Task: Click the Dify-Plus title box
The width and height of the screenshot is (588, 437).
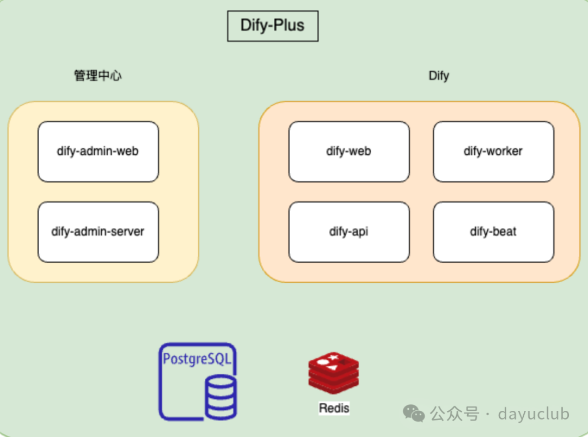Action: (272, 26)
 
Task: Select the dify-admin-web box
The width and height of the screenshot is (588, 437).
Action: (98, 151)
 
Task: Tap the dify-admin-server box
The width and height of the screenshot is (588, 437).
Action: (98, 232)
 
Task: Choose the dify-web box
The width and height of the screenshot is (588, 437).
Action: (348, 151)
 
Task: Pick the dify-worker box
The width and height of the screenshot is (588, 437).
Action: (493, 151)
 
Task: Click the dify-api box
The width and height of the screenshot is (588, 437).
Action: (348, 232)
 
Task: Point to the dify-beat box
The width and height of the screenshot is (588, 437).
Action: (493, 232)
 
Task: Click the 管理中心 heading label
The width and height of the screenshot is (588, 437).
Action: (98, 76)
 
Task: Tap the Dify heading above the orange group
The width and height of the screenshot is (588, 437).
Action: (439, 76)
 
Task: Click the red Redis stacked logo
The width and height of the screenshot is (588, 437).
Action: (333, 373)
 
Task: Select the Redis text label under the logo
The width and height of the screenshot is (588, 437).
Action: (334, 408)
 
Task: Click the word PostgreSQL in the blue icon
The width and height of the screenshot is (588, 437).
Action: (197, 359)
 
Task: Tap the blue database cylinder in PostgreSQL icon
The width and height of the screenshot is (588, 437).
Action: (221, 396)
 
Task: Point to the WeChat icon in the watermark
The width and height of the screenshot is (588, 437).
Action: (414, 414)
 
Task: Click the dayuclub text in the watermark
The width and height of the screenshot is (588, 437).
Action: (534, 414)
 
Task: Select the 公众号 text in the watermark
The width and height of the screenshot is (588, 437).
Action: (454, 414)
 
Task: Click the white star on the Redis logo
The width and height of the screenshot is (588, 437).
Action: (334, 357)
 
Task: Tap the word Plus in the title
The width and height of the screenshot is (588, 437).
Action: (289, 26)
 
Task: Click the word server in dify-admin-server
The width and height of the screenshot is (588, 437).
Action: (128, 232)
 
